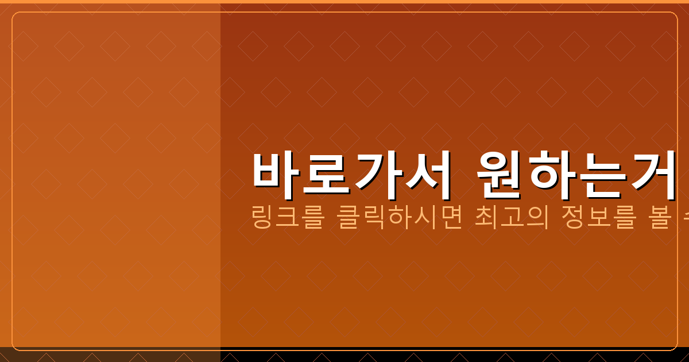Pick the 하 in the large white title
click(x=549, y=171)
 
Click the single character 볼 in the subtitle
click(x=659, y=218)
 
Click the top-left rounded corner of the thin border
click(x=14, y=14)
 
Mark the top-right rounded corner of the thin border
click(x=675, y=14)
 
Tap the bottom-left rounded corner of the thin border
click(x=14, y=348)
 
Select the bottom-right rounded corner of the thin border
click(x=675, y=348)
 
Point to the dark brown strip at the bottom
click(x=109, y=355)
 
